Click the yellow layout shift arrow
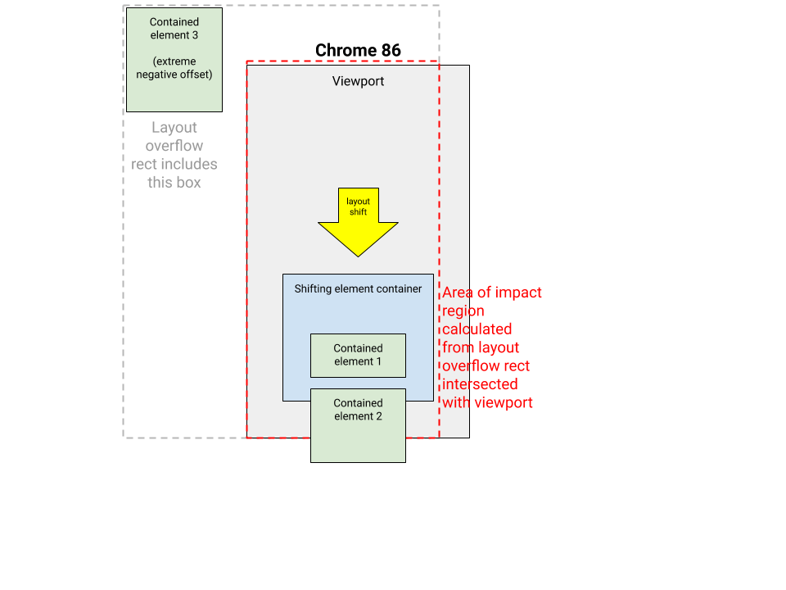(x=358, y=229)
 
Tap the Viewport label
(x=358, y=81)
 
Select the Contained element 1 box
(x=358, y=355)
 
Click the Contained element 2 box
(x=358, y=434)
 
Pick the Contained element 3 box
(x=174, y=90)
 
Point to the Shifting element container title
(x=358, y=288)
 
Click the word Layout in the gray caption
(x=174, y=128)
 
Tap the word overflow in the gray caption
(x=174, y=146)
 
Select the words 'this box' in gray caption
(x=174, y=182)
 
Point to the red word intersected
(x=480, y=384)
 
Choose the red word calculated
(x=477, y=329)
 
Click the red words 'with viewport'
(x=488, y=402)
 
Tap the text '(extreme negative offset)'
(x=174, y=68)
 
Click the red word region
(x=463, y=311)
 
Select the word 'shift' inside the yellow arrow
(x=358, y=212)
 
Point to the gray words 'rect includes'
(x=174, y=164)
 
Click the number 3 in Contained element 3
(x=195, y=35)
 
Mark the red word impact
(x=517, y=293)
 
